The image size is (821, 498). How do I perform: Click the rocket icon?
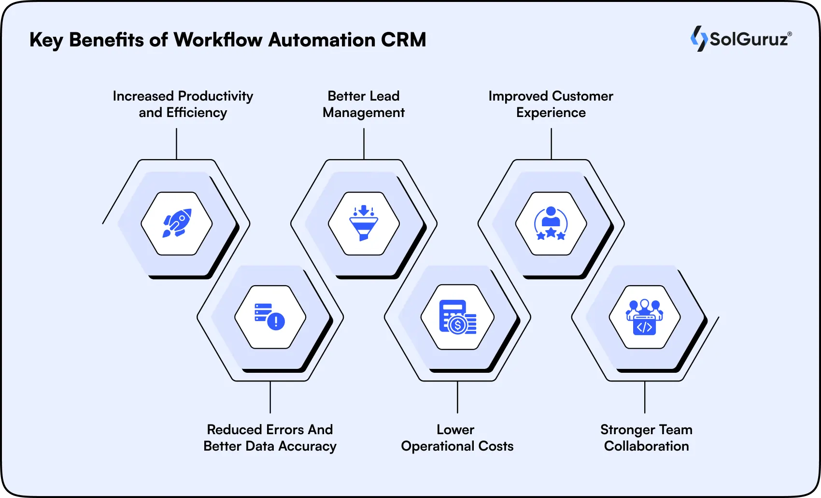[177, 223]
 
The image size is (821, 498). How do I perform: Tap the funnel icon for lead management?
[364, 223]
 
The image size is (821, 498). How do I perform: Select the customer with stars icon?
[551, 223]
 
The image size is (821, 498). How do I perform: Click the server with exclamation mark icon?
[270, 317]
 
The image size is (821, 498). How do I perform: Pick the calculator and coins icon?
[457, 317]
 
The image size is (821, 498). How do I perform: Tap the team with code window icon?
[644, 317]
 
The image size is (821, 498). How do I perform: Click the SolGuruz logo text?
[749, 39]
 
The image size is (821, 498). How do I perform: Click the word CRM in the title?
[403, 40]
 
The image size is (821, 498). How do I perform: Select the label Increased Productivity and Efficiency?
[183, 104]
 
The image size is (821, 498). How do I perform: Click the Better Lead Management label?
[364, 104]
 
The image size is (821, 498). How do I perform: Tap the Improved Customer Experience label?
[551, 104]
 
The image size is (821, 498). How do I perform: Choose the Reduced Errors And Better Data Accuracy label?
[270, 438]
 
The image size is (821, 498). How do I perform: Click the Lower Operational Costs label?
[457, 438]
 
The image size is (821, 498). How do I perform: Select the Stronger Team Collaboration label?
[646, 438]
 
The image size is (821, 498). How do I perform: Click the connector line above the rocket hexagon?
[176, 144]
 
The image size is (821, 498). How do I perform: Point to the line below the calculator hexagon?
[457, 397]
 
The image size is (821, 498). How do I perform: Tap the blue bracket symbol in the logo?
[698, 39]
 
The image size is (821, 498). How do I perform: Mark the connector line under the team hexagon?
[645, 397]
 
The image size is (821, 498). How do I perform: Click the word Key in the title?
[46, 40]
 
